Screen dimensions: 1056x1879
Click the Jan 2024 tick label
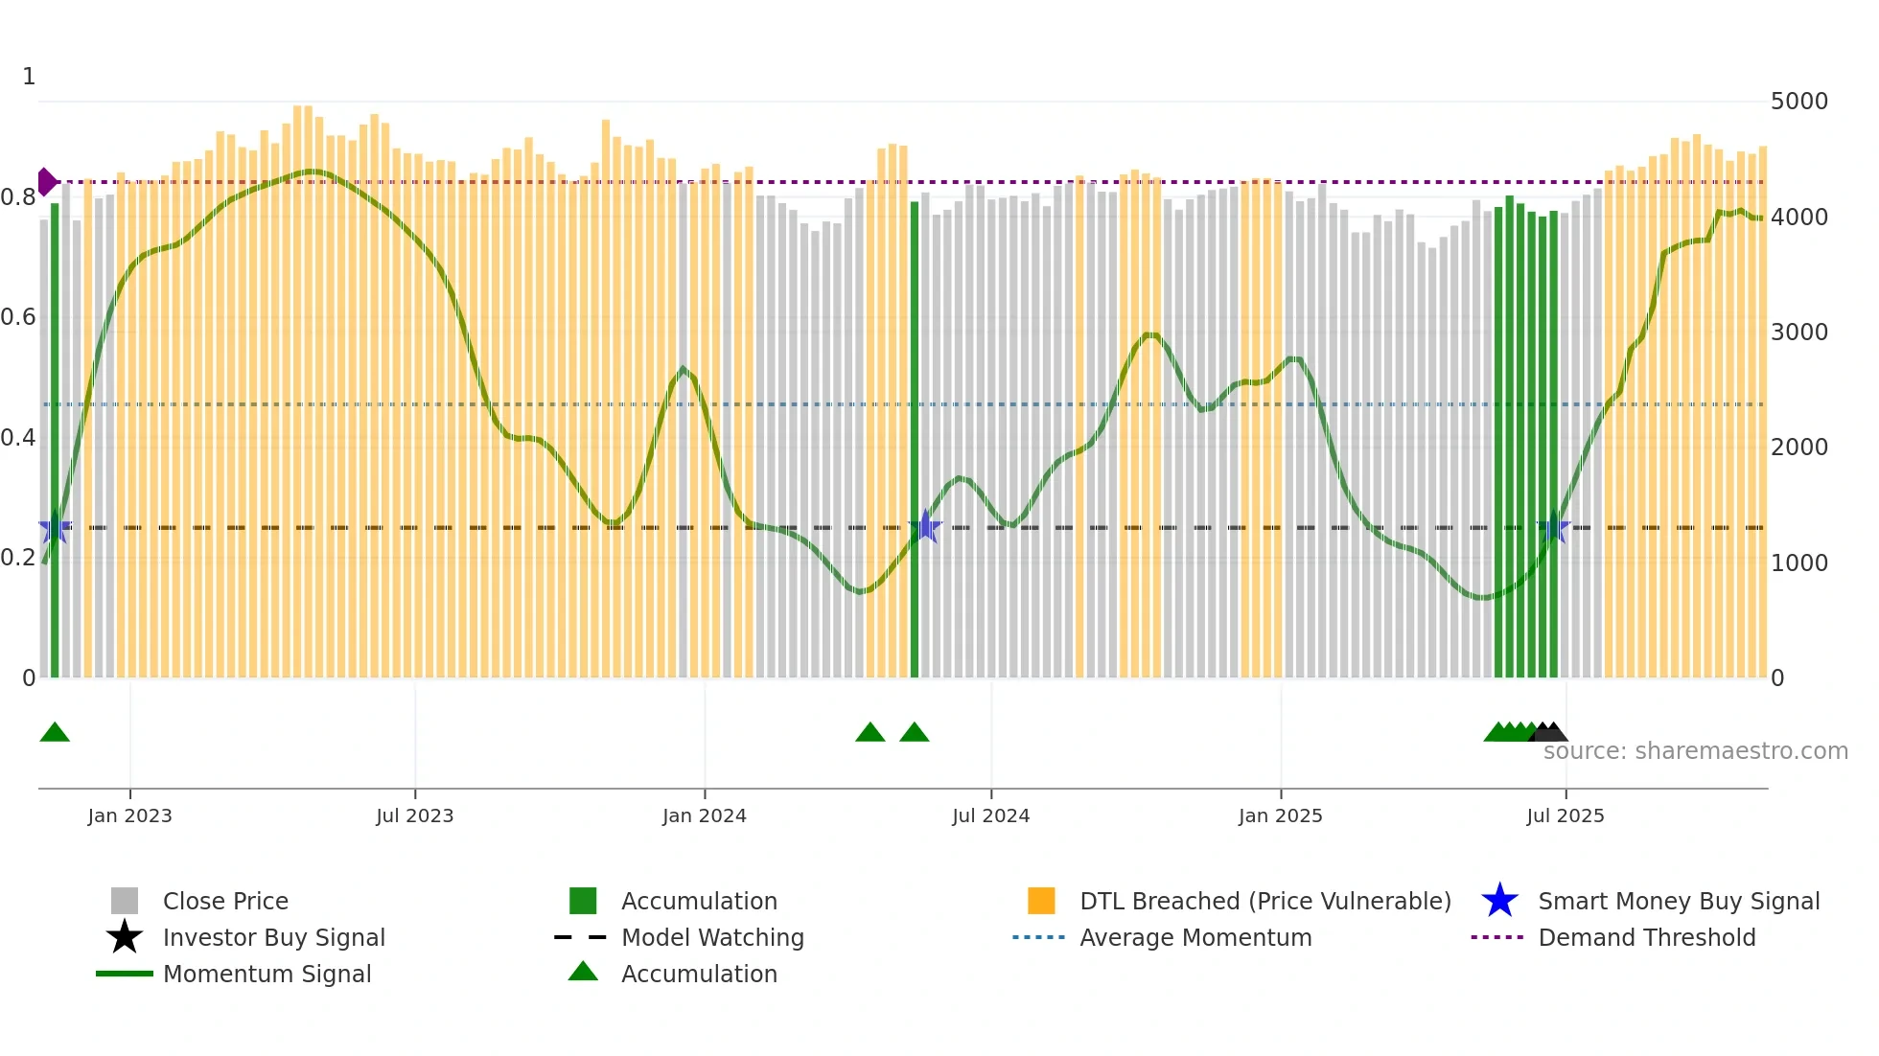click(x=704, y=815)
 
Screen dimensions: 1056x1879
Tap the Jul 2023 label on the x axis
click(x=414, y=815)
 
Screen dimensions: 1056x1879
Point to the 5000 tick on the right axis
click(x=1798, y=102)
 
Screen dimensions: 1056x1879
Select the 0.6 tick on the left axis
click(x=18, y=317)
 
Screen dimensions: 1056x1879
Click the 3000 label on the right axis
click(x=1798, y=333)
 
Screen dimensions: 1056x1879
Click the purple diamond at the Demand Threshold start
click(x=46, y=181)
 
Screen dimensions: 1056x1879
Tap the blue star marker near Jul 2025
click(x=1554, y=527)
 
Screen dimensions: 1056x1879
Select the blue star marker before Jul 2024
click(x=925, y=526)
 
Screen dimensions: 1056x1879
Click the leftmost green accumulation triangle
click(x=55, y=733)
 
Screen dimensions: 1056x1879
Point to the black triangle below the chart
click(x=1549, y=733)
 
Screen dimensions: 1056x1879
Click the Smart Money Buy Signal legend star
click(x=1499, y=901)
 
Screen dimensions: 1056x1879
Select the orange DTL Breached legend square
click(x=1041, y=901)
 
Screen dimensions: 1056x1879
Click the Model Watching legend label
click(x=712, y=937)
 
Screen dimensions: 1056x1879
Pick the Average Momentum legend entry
click(x=1195, y=937)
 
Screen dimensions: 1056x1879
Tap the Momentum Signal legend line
click(x=125, y=974)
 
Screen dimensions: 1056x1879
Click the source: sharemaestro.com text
click(x=1695, y=751)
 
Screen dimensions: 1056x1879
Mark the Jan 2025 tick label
click(x=1280, y=815)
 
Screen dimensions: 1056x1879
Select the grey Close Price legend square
click(x=125, y=901)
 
